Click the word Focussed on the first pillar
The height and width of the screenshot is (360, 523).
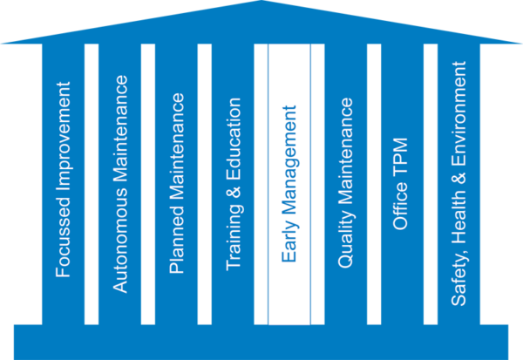(63, 245)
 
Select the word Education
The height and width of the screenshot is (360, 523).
(233, 140)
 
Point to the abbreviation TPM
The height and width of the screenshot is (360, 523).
(402, 158)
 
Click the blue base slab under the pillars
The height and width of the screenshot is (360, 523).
(261, 340)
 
